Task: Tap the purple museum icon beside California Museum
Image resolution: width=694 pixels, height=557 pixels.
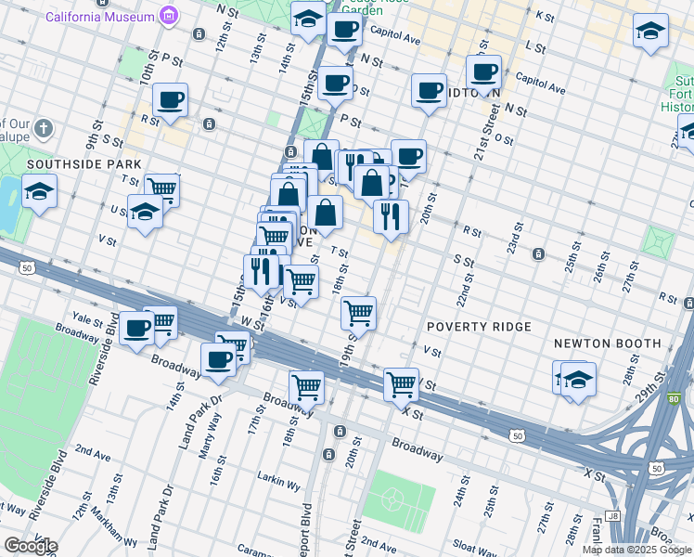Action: [x=168, y=15]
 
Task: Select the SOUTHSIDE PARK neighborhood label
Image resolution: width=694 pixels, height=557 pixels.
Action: [x=71, y=163]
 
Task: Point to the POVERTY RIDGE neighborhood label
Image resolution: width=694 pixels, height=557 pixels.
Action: [x=479, y=327]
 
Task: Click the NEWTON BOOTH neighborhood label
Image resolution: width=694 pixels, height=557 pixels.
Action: [x=607, y=343]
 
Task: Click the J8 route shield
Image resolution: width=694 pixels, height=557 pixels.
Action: [x=611, y=515]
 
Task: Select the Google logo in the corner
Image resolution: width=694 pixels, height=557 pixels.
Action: [x=30, y=546]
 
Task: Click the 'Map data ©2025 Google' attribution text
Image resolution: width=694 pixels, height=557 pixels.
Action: [x=636, y=550]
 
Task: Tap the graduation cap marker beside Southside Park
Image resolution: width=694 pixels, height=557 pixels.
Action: [x=40, y=192]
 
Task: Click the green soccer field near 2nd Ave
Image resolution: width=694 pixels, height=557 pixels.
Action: [x=397, y=497]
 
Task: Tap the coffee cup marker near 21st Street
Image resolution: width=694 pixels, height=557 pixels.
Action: [x=482, y=71]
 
